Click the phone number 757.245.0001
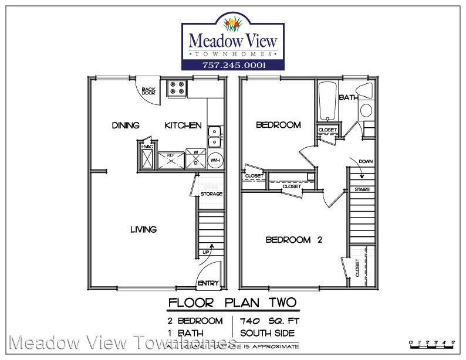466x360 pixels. (233, 65)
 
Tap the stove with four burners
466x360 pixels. (176, 89)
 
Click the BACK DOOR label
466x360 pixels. (147, 91)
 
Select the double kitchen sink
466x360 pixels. (215, 136)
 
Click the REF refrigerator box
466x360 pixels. (171, 159)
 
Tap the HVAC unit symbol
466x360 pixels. (146, 157)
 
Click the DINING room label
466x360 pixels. (126, 125)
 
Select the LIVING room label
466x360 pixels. (143, 229)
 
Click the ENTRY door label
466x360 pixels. (208, 283)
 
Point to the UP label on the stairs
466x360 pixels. (205, 252)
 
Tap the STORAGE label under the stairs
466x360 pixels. (211, 194)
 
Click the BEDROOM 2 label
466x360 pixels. (293, 239)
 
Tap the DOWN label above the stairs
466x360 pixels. (365, 161)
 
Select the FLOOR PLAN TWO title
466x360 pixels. (232, 303)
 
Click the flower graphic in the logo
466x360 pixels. (234, 24)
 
